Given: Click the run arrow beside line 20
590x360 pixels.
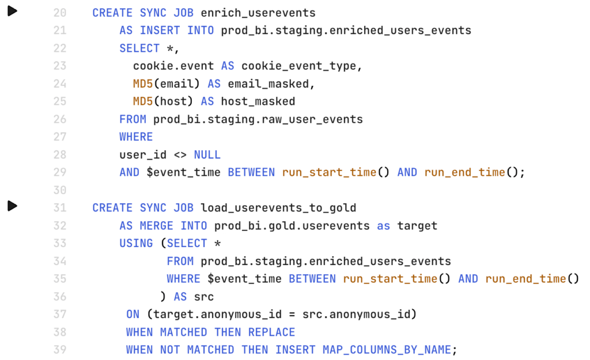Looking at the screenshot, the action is point(13,12).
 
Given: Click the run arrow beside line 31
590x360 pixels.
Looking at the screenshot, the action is point(13,206).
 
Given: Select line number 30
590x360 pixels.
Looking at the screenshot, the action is point(60,190).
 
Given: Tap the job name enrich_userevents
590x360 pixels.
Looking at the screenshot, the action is point(258,13).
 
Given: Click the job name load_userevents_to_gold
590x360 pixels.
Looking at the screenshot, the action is point(278,208).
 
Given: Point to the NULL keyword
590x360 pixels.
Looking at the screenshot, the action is point(207,154).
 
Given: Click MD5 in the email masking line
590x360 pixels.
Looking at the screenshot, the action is point(143,84).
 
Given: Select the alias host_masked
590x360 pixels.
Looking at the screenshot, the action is point(258,101).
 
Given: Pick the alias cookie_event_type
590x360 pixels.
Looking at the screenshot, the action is point(299,66).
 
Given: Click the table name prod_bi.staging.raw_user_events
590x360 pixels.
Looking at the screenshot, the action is point(258,120).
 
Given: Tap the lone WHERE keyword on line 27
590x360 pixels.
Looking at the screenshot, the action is point(136,137).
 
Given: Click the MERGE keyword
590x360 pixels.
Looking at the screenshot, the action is point(157,226).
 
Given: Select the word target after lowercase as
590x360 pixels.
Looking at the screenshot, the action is point(417,226).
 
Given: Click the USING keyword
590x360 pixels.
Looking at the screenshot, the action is point(136,244).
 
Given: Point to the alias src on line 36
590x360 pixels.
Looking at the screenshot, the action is point(203,297).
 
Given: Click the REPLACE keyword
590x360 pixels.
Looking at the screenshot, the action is point(272,332).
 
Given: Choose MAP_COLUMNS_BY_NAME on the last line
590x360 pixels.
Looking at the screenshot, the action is point(387,350).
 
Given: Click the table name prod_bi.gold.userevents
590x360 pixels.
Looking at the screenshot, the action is point(292,226).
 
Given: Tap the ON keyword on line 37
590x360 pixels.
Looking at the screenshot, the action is point(133,314).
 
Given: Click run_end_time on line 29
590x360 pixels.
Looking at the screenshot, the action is point(465,173).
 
